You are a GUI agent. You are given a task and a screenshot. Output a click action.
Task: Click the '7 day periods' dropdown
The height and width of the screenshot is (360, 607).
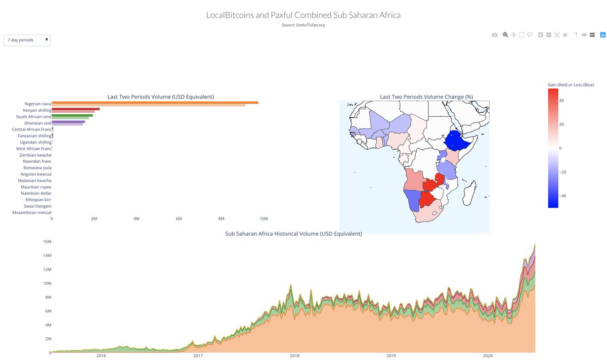click(x=27, y=40)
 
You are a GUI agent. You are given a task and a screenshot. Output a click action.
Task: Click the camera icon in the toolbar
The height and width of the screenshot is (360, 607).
click(x=495, y=35)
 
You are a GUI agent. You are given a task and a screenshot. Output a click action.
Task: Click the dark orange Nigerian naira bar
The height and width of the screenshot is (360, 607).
click(x=155, y=103)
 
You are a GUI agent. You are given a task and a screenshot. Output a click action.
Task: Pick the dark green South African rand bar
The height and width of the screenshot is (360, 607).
click(x=72, y=115)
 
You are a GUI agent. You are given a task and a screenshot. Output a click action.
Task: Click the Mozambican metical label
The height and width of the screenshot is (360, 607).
click(x=32, y=212)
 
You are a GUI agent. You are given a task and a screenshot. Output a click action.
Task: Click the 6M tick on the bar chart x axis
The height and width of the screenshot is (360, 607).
click(x=179, y=218)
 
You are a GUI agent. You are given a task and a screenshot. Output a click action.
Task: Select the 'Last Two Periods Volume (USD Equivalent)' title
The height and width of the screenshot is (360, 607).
click(x=160, y=97)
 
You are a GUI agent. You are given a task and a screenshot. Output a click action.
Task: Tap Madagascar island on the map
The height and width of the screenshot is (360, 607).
click(x=471, y=192)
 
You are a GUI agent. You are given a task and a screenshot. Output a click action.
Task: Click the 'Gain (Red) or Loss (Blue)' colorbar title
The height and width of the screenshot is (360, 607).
click(x=571, y=84)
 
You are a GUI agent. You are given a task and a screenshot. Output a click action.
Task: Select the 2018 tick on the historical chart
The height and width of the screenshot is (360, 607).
click(x=294, y=356)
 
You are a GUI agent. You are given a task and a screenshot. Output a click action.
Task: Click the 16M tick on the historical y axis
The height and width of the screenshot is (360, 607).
click(x=46, y=242)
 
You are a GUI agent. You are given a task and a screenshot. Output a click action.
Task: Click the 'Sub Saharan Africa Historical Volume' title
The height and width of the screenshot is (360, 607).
click(x=293, y=234)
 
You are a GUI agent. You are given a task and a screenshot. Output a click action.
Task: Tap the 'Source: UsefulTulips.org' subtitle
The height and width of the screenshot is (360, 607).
click(x=303, y=25)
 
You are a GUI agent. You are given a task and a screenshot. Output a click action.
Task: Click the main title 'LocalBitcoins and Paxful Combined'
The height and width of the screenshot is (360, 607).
click(x=303, y=15)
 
